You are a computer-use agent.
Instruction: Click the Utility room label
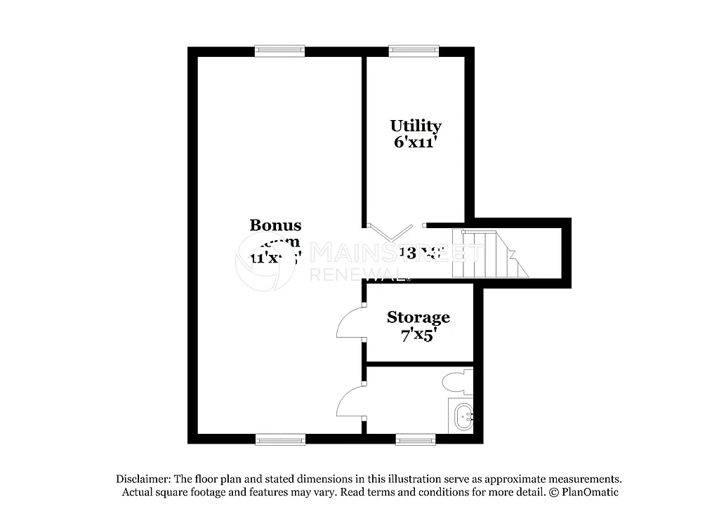click(x=416, y=126)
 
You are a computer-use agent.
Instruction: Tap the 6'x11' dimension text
click(x=416, y=141)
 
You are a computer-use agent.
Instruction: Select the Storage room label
click(x=418, y=317)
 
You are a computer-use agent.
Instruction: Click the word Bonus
click(x=275, y=225)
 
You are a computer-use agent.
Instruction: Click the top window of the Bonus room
click(x=279, y=51)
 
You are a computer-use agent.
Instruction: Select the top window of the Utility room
click(x=414, y=51)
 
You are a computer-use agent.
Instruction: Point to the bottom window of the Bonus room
click(x=280, y=439)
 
